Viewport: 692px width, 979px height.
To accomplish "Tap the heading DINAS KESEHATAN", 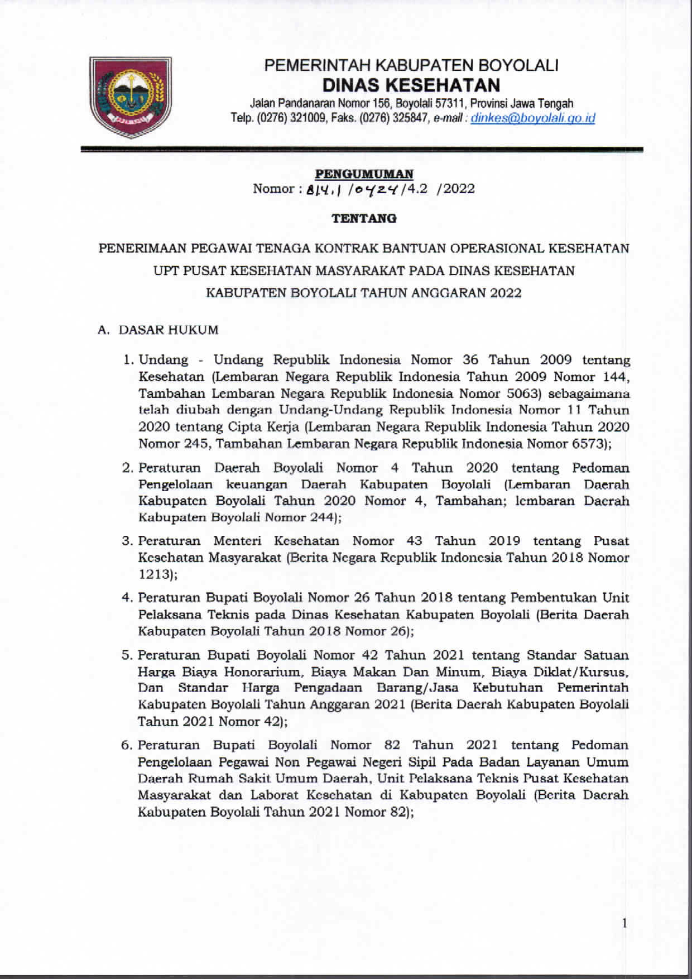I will click(x=412, y=85).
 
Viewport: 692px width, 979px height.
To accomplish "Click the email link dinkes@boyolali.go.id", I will click(x=533, y=118).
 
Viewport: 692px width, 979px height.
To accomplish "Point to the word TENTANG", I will click(x=364, y=218).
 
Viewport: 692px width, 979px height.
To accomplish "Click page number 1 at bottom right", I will click(x=624, y=923).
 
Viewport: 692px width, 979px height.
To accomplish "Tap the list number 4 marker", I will click(x=126, y=598).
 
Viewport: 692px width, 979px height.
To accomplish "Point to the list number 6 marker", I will click(x=126, y=745).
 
